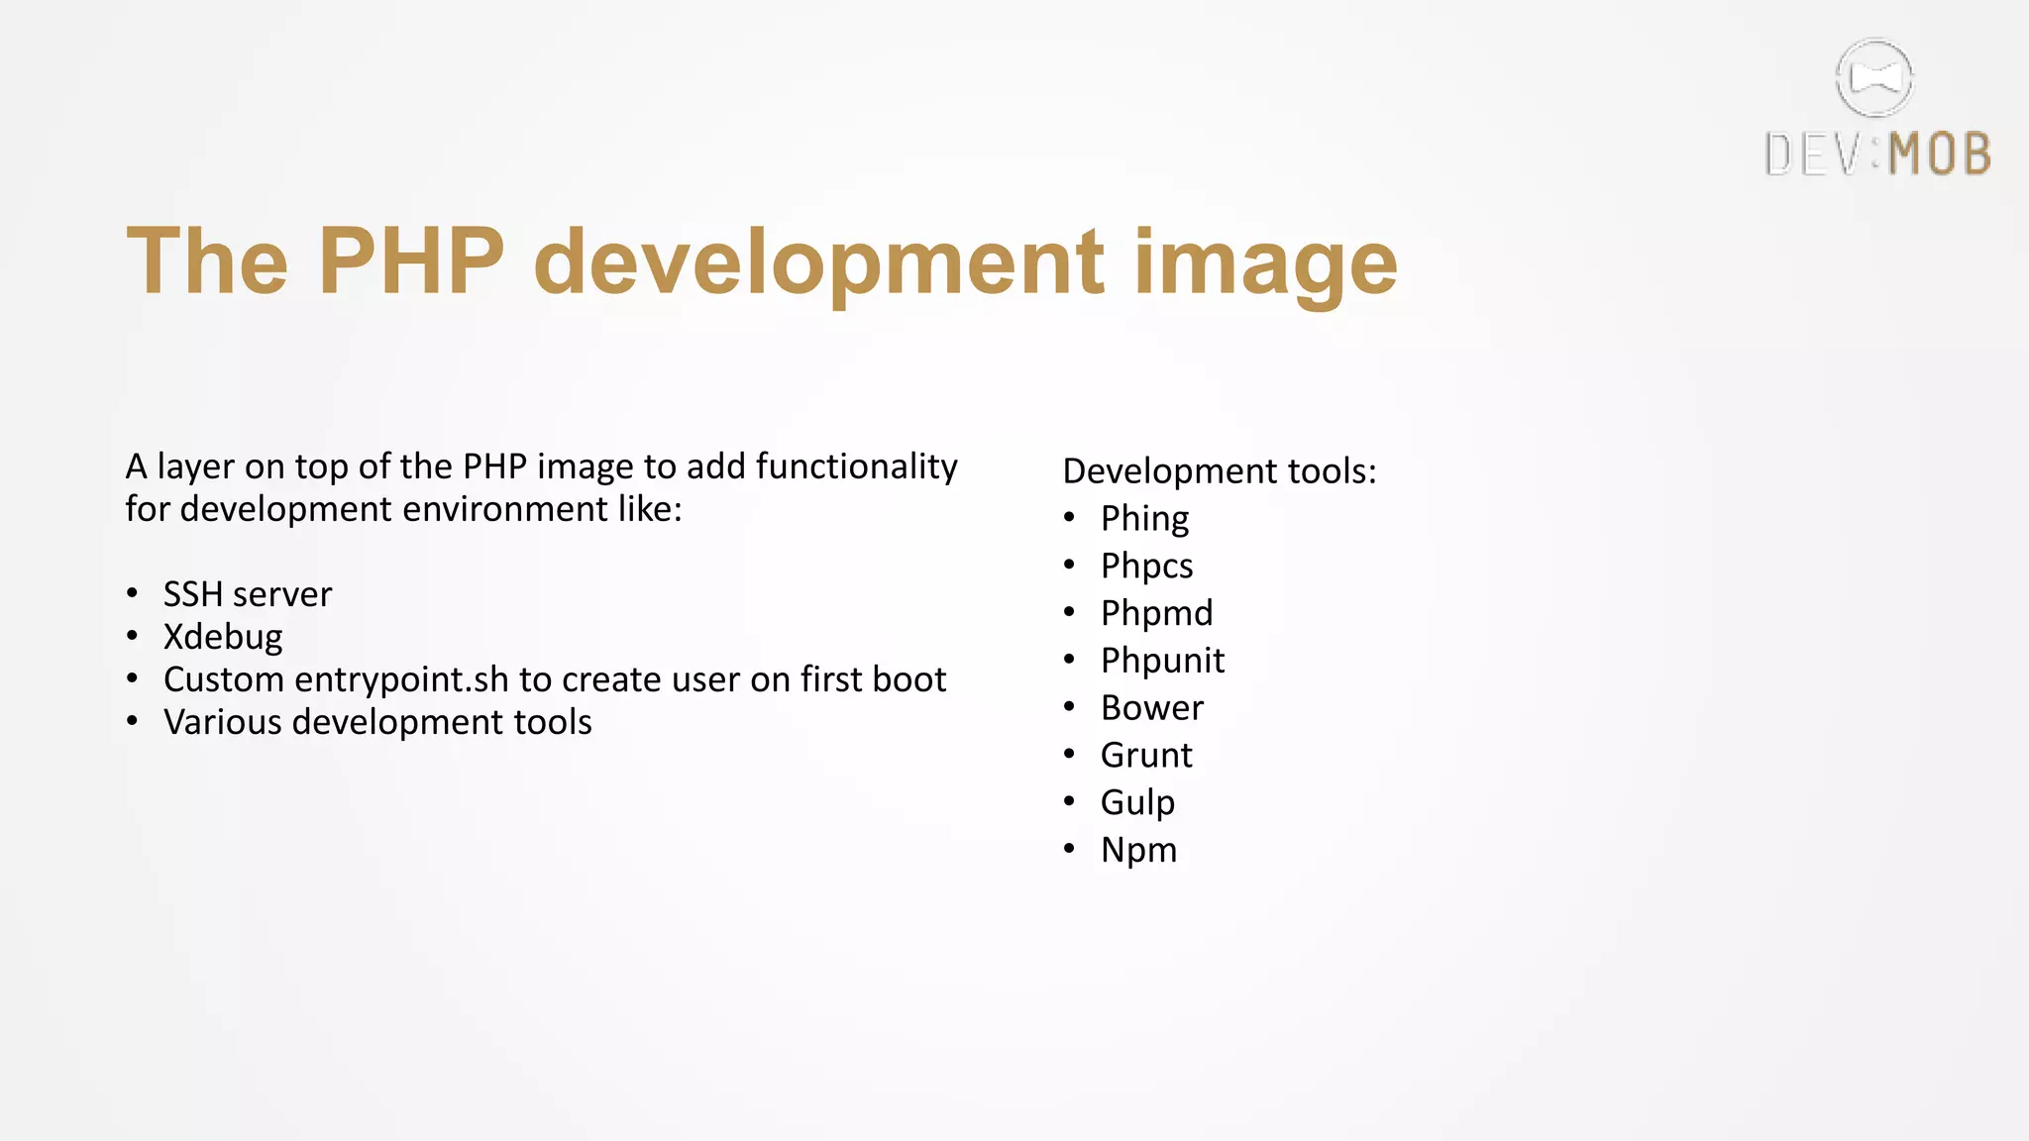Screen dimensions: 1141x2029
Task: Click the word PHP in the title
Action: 411,261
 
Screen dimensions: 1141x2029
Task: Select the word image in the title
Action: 1265,265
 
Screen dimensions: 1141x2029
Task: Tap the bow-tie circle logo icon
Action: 1874,78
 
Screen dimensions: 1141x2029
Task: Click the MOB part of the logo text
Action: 1940,156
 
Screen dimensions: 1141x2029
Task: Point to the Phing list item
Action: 1144,519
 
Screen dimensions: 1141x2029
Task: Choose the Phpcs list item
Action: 1146,567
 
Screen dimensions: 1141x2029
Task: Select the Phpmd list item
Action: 1156,613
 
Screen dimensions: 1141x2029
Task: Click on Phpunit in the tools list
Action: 1162,661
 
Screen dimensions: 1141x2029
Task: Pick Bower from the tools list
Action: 1152,708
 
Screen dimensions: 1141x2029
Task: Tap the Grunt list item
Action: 1146,756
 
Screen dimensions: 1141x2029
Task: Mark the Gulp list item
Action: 1137,802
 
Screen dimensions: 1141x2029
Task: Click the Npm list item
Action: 1138,850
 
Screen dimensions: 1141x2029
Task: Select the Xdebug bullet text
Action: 223,637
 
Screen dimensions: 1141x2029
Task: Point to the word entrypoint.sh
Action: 401,680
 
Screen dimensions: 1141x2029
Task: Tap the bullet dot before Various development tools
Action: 133,722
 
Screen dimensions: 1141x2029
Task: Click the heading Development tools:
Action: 1220,471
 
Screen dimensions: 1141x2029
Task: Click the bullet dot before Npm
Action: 1069,849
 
